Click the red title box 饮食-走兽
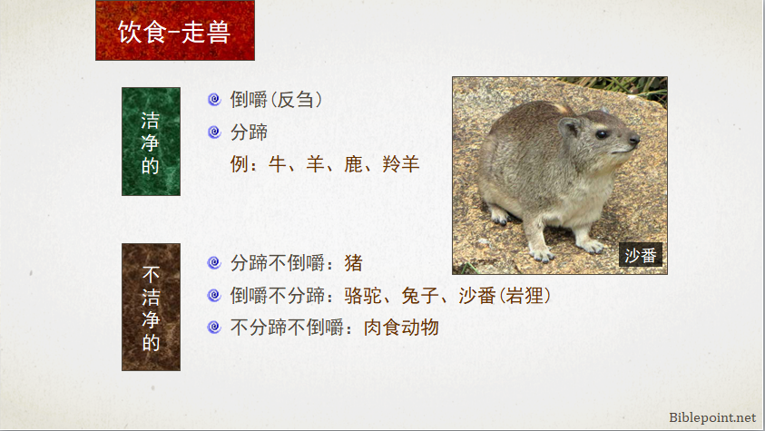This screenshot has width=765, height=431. point(175,31)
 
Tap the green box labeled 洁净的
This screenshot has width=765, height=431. point(151,142)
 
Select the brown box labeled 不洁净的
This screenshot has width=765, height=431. point(151,308)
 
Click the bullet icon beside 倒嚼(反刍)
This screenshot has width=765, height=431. point(214,100)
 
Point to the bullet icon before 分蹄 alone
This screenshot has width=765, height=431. point(214,132)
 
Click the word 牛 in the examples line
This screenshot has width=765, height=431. point(277,164)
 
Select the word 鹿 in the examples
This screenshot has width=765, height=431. point(353,164)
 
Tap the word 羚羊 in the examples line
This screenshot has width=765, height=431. point(401,164)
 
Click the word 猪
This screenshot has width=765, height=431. point(354,263)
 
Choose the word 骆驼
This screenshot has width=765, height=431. point(363,296)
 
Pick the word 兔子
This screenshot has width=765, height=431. point(420,296)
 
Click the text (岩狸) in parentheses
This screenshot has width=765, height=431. point(524,296)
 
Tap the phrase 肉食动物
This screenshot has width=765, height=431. point(401,328)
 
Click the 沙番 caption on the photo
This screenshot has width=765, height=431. point(641,255)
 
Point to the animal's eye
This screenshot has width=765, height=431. point(602,134)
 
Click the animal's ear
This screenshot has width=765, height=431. point(569,128)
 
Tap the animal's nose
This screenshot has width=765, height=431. point(634,140)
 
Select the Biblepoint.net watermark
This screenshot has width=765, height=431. point(712,417)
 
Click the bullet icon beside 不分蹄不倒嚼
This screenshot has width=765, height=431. point(214,328)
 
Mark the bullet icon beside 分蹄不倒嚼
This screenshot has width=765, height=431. point(214,263)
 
